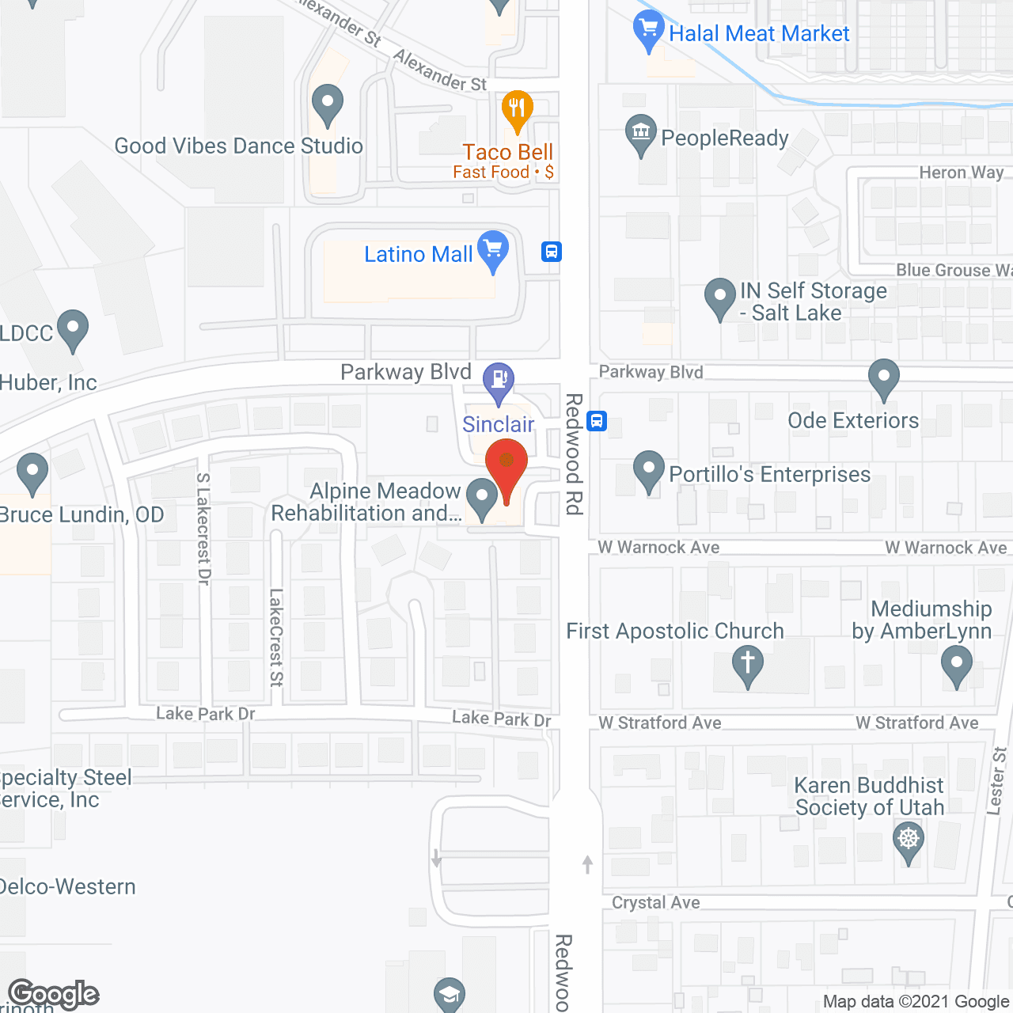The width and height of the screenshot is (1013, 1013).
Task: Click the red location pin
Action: [x=506, y=463]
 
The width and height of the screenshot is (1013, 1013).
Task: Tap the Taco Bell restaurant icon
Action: [x=517, y=108]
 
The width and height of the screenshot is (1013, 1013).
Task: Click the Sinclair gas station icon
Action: [x=499, y=379]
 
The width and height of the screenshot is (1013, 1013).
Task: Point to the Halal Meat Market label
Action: [x=759, y=33]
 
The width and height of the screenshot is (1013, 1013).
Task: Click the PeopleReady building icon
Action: [x=640, y=132]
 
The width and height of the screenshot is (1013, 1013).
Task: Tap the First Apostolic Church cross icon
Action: [x=747, y=662]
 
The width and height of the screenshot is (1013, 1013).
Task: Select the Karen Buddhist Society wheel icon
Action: [x=908, y=839]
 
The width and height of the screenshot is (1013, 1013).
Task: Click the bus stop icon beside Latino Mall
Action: [x=552, y=252]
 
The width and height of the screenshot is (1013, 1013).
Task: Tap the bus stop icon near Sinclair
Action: [x=597, y=421]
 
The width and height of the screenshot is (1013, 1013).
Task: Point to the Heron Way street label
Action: [x=961, y=173]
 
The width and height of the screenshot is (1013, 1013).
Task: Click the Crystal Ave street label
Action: [x=655, y=902]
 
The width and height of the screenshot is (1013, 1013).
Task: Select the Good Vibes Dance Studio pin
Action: [x=327, y=104]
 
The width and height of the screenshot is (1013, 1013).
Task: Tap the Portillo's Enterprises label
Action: [x=769, y=474]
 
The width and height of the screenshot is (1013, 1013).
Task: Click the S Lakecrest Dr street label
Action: [x=203, y=529]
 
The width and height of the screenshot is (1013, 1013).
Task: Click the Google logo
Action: [x=54, y=994]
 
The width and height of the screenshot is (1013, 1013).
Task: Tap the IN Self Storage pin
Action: [x=719, y=297]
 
